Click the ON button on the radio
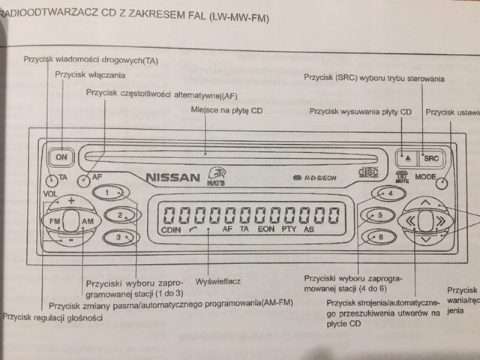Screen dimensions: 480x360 click(x=61, y=157)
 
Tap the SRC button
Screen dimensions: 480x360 click(x=431, y=158)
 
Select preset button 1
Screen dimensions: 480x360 click(x=109, y=193)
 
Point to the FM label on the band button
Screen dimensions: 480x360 click(x=55, y=223)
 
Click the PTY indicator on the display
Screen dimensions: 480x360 click(x=289, y=231)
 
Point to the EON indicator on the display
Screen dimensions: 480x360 click(x=265, y=231)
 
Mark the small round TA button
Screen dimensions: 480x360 click(x=49, y=180)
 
